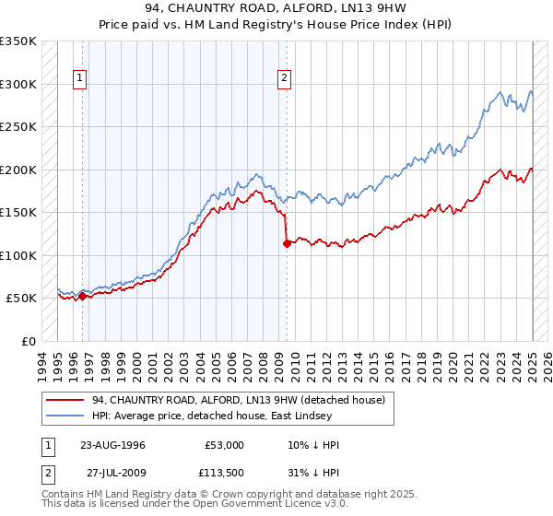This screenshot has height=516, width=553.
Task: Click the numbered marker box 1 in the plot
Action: [x=81, y=79]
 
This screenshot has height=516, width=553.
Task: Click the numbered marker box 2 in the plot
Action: [x=284, y=79]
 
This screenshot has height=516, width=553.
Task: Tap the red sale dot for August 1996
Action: [x=83, y=296]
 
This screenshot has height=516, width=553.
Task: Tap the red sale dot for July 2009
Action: [x=287, y=244]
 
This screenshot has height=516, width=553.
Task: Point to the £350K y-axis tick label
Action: [x=18, y=41]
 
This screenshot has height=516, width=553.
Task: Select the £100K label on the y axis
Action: [x=18, y=255]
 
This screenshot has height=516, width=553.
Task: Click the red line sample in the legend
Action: [x=65, y=399]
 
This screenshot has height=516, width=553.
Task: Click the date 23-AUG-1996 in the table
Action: [x=112, y=445]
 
